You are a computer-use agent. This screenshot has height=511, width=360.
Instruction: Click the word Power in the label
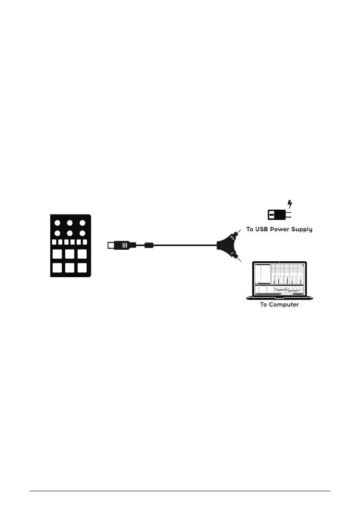pos(281,229)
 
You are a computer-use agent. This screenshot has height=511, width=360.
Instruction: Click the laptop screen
pos(279,279)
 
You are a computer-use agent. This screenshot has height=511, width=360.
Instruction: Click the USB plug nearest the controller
pos(122,246)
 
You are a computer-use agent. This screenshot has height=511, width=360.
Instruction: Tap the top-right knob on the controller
pos(82,223)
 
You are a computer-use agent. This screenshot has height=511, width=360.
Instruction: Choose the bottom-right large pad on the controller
pos(82,269)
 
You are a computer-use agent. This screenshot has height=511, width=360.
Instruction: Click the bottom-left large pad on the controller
pos(58,269)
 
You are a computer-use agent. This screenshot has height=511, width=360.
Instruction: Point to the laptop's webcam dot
pos(279,262)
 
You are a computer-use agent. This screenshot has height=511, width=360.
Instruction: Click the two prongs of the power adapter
pos(289,214)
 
